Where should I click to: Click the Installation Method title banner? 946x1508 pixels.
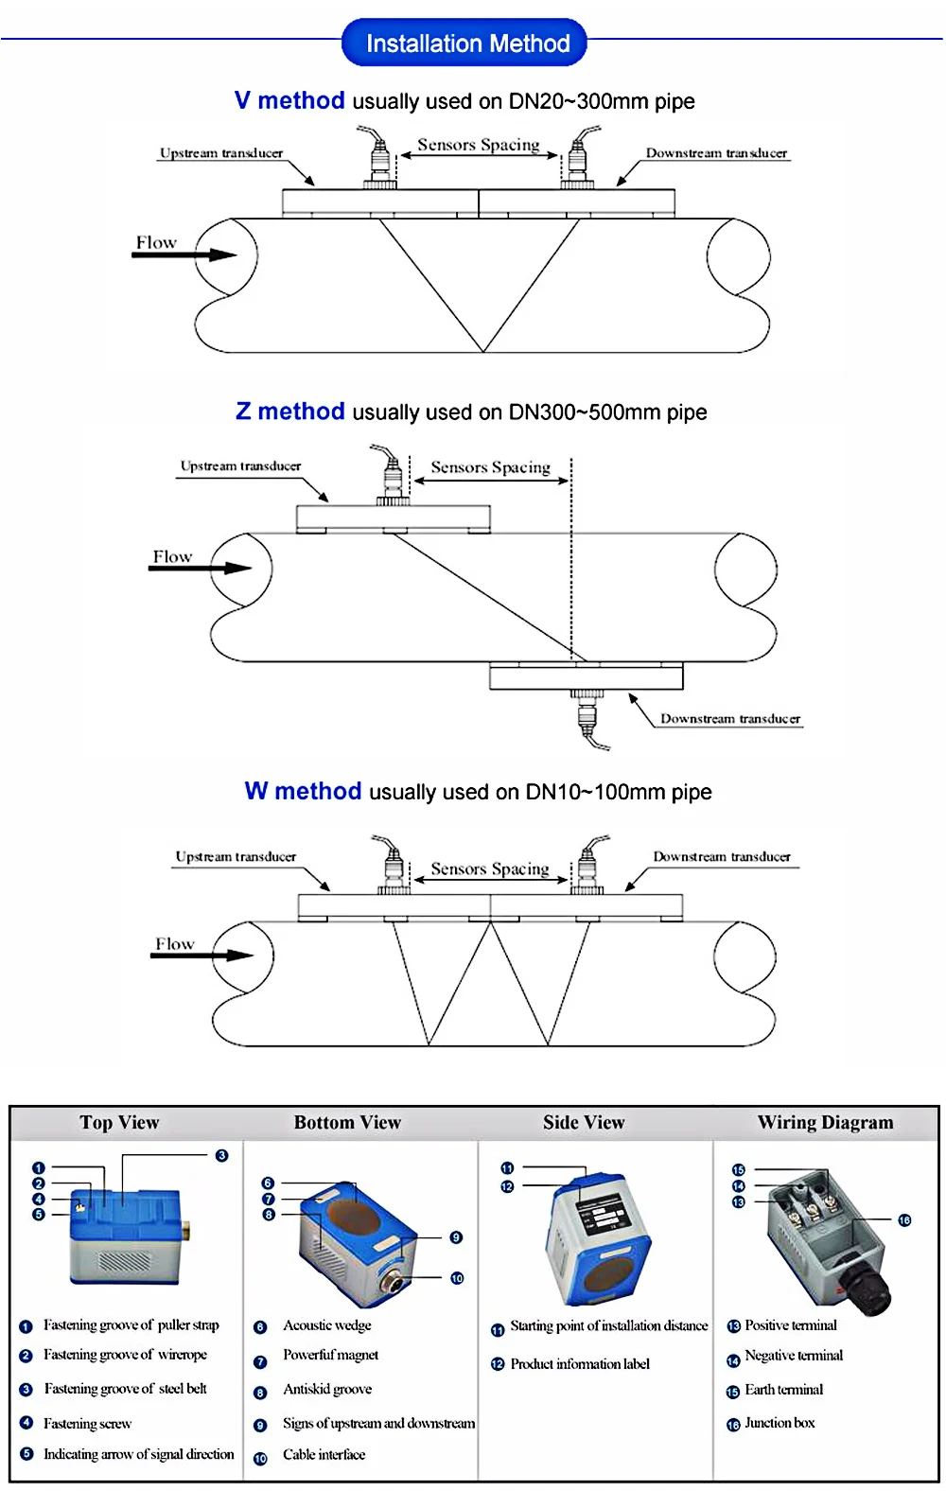pyautogui.click(x=464, y=44)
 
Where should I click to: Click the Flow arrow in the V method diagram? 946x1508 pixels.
pyautogui.click(x=184, y=254)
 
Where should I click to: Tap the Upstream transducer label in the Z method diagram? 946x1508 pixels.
pyautogui.click(x=240, y=466)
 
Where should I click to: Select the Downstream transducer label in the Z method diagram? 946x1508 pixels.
pyautogui.click(x=729, y=719)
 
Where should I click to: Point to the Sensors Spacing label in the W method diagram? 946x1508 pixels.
pyautogui.click(x=489, y=868)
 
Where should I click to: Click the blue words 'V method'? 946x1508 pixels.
pyautogui.click(x=289, y=100)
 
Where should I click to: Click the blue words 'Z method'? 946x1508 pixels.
pyautogui.click(x=289, y=412)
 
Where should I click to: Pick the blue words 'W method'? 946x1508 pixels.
pyautogui.click(x=303, y=791)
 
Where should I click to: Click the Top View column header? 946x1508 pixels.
pyautogui.click(x=119, y=1123)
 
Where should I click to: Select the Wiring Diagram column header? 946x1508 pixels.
pyautogui.click(x=825, y=1123)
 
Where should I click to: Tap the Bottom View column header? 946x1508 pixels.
pyautogui.click(x=347, y=1123)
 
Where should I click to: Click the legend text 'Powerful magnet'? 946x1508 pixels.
pyautogui.click(x=330, y=1356)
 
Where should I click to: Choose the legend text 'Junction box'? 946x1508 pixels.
pyautogui.click(x=780, y=1423)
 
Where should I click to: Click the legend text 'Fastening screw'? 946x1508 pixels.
pyautogui.click(x=87, y=1424)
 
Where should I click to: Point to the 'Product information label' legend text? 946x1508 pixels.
pyautogui.click(x=580, y=1364)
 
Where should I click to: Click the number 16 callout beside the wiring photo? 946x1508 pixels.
pyautogui.click(x=904, y=1220)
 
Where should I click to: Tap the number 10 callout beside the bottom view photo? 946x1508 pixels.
pyautogui.click(x=457, y=1278)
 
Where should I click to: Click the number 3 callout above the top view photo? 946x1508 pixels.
pyautogui.click(x=221, y=1155)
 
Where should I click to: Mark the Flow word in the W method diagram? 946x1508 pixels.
pyautogui.click(x=175, y=944)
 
